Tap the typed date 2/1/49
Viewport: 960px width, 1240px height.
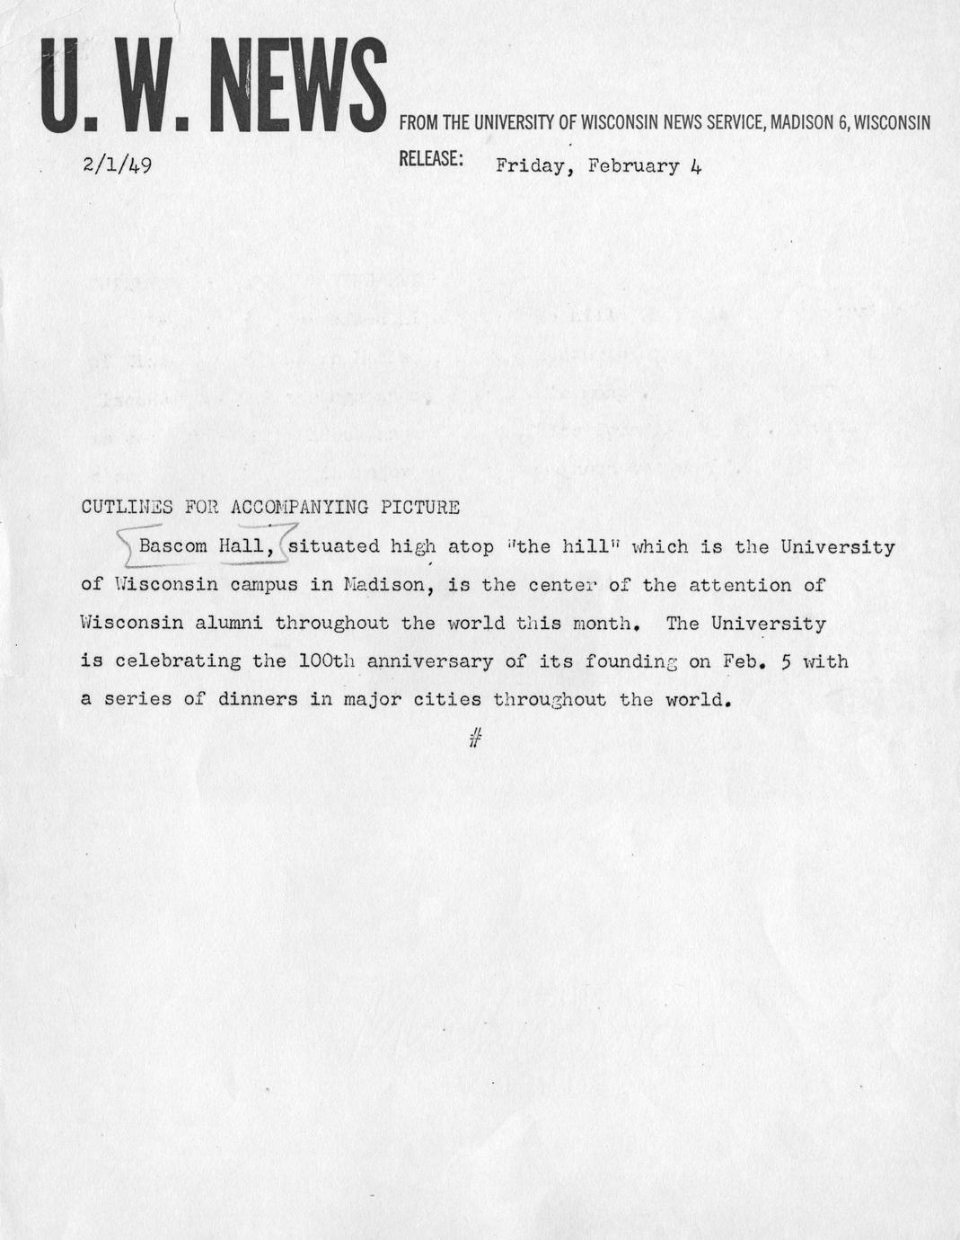(x=117, y=165)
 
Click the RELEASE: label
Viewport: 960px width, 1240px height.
(x=431, y=159)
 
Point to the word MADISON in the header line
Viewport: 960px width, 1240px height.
(x=801, y=122)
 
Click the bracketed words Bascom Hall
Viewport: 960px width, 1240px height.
(x=206, y=546)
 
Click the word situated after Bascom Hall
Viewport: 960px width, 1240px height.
(x=334, y=546)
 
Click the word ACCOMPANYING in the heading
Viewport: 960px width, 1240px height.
(x=300, y=507)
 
